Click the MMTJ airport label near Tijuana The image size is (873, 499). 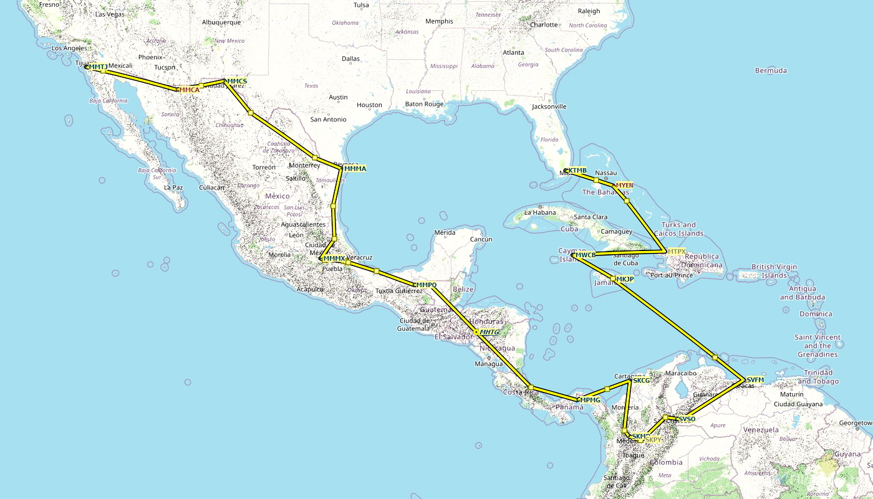click(97, 67)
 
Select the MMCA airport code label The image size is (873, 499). click(190, 90)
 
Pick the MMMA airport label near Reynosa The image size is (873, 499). click(355, 169)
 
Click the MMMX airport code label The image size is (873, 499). click(334, 259)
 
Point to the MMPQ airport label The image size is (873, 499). click(426, 285)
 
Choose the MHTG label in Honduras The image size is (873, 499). click(490, 332)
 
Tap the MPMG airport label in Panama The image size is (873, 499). click(589, 399)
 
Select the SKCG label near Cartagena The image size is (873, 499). click(641, 380)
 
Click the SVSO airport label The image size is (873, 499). click(685, 419)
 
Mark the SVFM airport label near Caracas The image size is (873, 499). click(755, 380)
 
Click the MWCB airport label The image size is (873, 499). click(585, 255)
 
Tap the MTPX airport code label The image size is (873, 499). click(677, 252)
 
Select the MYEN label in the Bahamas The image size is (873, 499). click(624, 185)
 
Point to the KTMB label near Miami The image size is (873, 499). click(577, 171)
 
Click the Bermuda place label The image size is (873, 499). click(771, 70)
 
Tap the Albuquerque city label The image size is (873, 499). click(221, 22)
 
